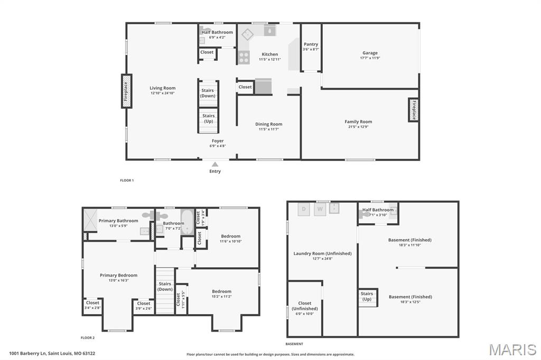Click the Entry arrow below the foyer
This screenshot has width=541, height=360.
(215, 165)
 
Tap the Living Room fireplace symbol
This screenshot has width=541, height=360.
(126, 91)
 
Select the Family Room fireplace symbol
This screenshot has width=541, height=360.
(413, 110)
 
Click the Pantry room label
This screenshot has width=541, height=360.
(311, 44)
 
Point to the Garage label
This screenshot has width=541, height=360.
(370, 53)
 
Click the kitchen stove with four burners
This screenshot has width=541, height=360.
(244, 57)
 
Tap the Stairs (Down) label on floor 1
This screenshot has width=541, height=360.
(208, 93)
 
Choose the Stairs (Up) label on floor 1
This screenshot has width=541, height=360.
(209, 118)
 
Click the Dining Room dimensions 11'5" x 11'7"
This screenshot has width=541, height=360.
(269, 129)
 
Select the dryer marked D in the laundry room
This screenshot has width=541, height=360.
(304, 209)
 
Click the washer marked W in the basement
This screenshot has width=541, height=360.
(320, 209)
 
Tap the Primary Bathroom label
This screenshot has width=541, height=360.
(118, 221)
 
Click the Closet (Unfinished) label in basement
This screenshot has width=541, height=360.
(305, 306)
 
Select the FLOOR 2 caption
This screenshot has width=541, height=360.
(88, 337)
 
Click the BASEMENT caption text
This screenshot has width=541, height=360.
(294, 344)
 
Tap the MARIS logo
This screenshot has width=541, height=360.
(512, 349)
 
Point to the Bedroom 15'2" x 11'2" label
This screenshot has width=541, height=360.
(221, 291)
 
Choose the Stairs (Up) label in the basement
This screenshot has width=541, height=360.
(367, 296)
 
